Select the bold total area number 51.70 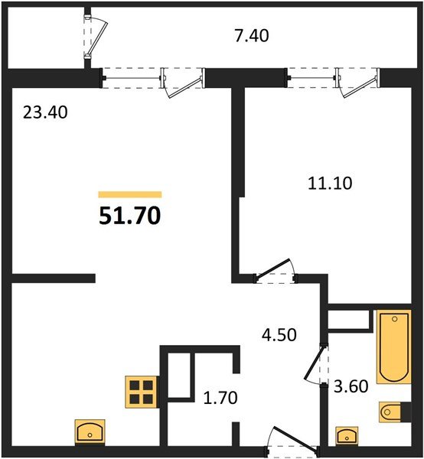[x=129, y=216]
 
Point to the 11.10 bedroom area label [x=321, y=183]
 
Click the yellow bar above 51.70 [x=129, y=195]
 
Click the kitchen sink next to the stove [x=90, y=432]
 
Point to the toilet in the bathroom [x=395, y=410]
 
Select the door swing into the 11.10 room [x=276, y=269]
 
